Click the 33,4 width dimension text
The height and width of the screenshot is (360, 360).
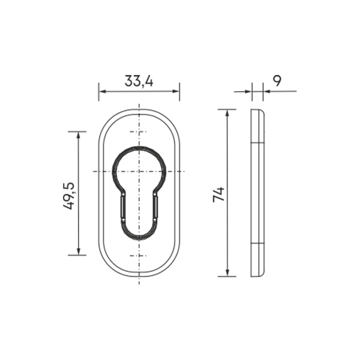tap(139, 81)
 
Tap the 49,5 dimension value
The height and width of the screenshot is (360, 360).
tap(69, 196)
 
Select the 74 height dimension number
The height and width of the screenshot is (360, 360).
tap(218, 194)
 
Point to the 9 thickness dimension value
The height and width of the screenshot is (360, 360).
tap(277, 81)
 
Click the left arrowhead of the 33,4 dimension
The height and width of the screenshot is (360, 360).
tap(102, 91)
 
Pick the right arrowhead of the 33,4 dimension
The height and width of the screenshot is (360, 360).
tap(176, 91)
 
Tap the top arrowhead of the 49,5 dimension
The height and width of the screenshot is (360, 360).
tap(79, 135)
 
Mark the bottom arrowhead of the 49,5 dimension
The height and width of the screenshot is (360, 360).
tap(79, 251)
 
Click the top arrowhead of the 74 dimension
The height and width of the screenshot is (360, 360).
tap(227, 113)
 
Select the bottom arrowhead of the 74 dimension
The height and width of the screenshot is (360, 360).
tap(227, 273)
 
